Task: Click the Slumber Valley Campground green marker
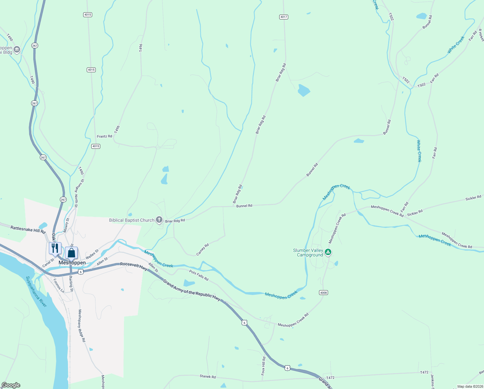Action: click(328, 252)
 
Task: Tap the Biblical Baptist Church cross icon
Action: click(159, 220)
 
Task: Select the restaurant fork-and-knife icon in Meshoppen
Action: click(55, 248)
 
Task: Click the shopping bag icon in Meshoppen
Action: click(71, 253)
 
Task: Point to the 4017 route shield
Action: click(283, 17)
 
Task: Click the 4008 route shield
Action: click(323, 292)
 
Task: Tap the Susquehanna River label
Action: click(37, 291)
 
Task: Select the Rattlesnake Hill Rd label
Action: click(28, 230)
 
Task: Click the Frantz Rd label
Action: click(104, 136)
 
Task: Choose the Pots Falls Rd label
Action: click(199, 276)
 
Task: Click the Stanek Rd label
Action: click(207, 376)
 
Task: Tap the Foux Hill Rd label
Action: click(263, 366)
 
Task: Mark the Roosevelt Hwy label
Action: click(134, 265)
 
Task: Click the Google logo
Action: click(11, 385)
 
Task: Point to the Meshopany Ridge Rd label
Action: click(82, 325)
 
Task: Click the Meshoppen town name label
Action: click(72, 263)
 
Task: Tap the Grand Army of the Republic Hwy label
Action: click(192, 290)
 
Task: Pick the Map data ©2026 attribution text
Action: click(469, 386)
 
